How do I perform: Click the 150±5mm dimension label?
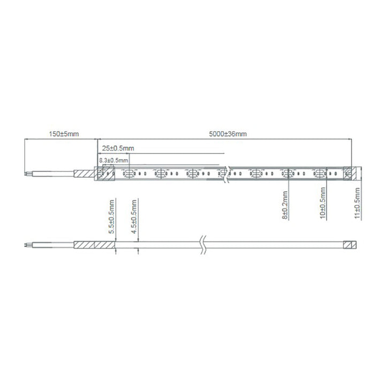point(64,134)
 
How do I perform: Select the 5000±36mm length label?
point(228,134)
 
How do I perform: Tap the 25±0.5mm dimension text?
point(118,148)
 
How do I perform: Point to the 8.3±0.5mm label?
point(114,160)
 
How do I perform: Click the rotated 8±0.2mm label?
point(285,205)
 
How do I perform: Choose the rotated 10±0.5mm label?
point(322,203)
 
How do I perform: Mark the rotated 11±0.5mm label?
point(357,203)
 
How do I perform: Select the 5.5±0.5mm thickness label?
point(111,216)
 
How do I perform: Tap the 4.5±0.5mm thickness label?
point(134,216)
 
